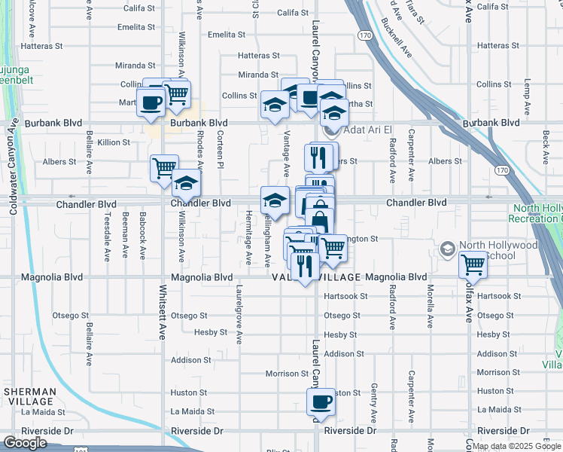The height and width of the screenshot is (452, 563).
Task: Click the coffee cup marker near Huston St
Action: click(x=321, y=402)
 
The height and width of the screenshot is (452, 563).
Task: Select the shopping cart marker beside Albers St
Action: click(x=163, y=168)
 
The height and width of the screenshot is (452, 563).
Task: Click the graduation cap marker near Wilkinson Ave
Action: click(x=186, y=183)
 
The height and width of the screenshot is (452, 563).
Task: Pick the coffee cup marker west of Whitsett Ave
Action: click(x=151, y=102)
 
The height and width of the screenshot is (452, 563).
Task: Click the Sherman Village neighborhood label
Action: click(x=29, y=397)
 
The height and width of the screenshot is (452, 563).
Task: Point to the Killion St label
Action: click(x=114, y=142)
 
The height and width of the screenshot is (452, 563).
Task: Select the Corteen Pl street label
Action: click(x=220, y=149)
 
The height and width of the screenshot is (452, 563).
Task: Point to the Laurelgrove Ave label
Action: click(x=239, y=309)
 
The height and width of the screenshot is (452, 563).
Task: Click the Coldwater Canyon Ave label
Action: click(x=13, y=164)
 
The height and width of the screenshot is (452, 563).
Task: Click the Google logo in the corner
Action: click(x=25, y=443)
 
